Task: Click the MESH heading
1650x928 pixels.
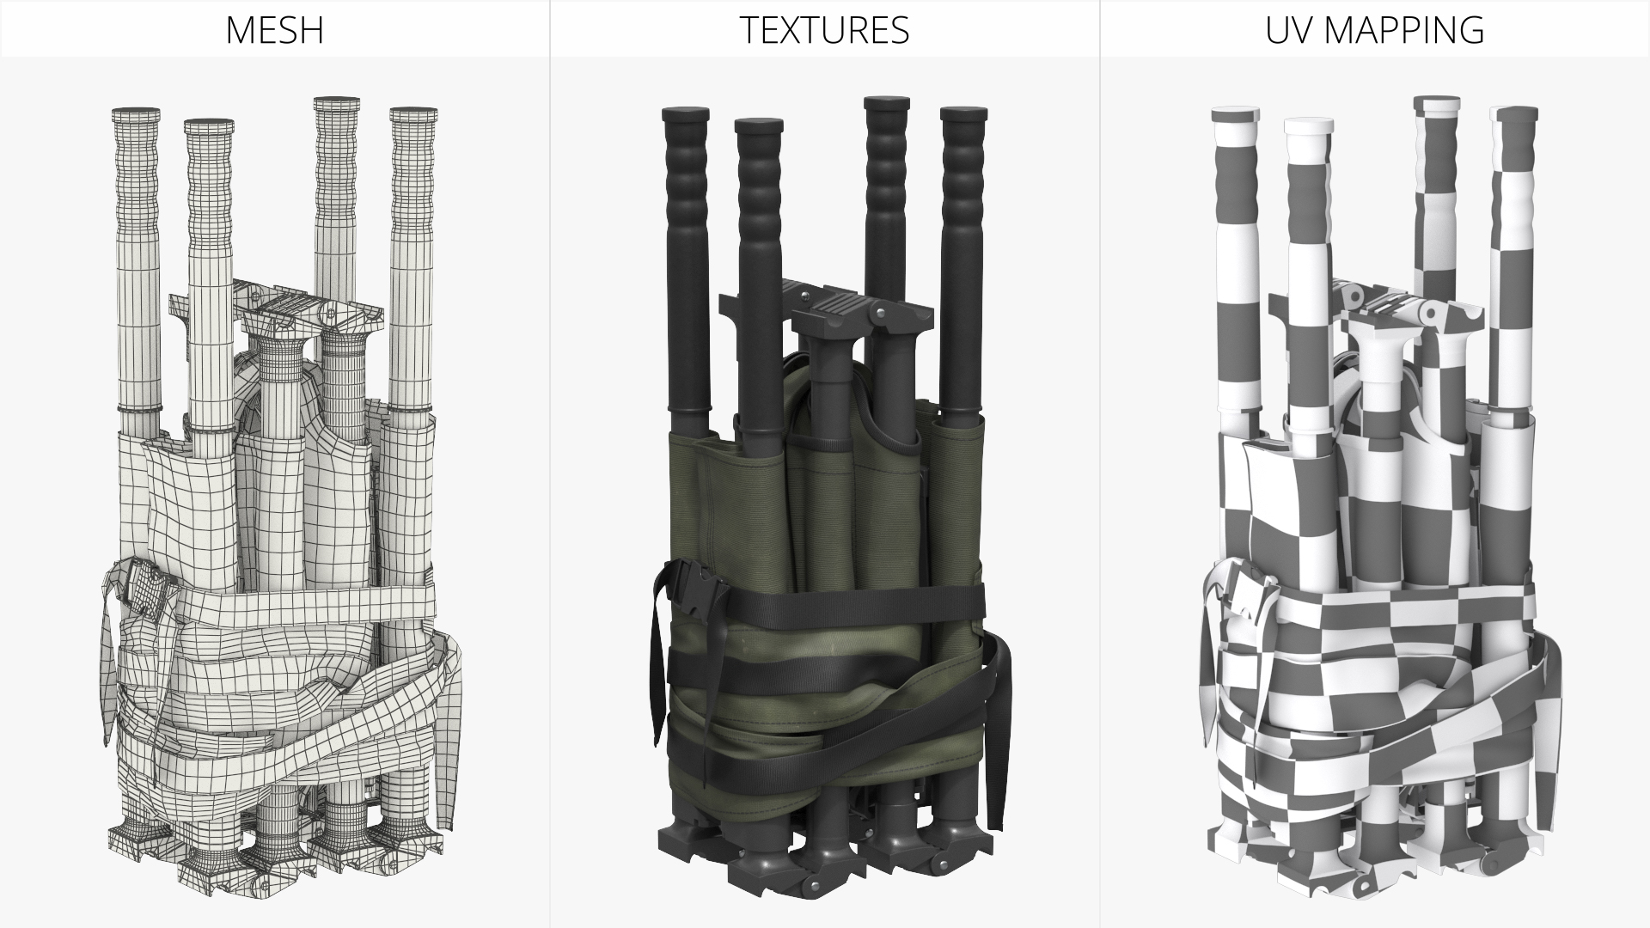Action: click(274, 30)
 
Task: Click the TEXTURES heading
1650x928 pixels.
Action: click(824, 30)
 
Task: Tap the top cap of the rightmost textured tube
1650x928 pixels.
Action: click(963, 113)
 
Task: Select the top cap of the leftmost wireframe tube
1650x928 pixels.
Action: click(136, 113)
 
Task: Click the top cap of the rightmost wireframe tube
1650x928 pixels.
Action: click(413, 113)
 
